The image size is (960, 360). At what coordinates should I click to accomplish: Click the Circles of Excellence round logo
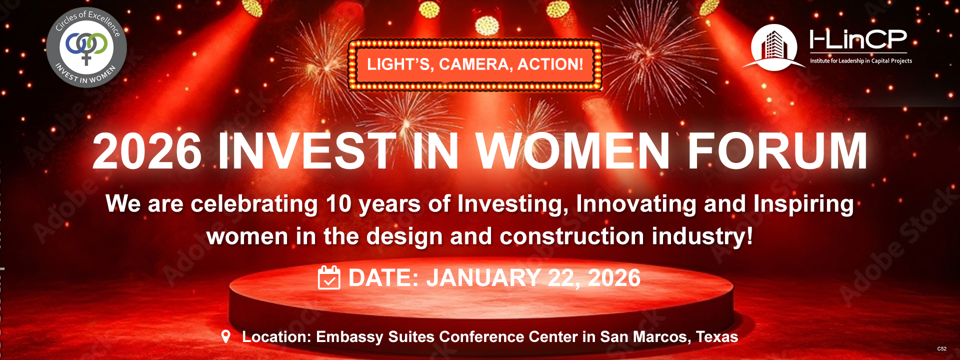[x=86, y=47]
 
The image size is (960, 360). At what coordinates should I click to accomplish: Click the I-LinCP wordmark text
[x=858, y=39]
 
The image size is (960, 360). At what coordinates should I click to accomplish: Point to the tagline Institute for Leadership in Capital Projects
[x=861, y=61]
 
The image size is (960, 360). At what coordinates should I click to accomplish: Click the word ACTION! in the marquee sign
[x=550, y=64]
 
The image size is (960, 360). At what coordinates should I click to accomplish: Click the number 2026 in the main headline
[x=147, y=151]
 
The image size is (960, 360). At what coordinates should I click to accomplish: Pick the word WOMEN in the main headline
[x=573, y=150]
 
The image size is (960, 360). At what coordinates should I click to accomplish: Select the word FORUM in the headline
[x=777, y=150]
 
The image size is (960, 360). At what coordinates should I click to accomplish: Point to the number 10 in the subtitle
[x=338, y=204]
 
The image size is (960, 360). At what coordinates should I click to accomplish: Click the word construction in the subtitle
[x=572, y=236]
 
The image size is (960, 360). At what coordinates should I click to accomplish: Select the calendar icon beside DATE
[x=329, y=277]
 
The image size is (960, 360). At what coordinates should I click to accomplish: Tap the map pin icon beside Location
[x=226, y=336]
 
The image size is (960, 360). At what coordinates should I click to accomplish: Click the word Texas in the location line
[x=717, y=337]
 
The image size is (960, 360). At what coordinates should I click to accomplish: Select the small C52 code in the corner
[x=941, y=349]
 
